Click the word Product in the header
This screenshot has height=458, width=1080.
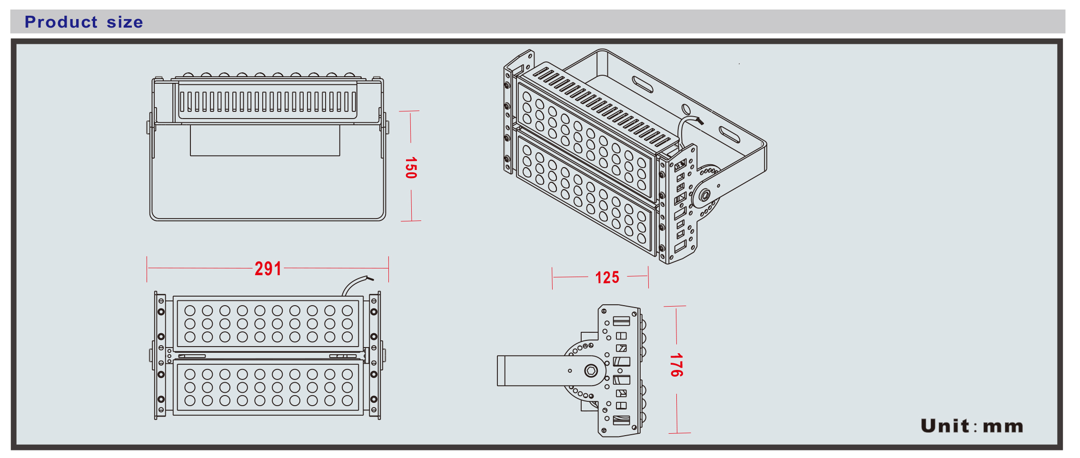(x=61, y=22)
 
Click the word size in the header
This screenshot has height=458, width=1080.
(x=125, y=22)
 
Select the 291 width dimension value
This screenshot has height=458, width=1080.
(x=268, y=269)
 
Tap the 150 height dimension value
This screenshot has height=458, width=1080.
(x=410, y=168)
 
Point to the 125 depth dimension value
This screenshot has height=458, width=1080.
(x=607, y=278)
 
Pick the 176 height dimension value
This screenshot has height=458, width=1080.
(x=676, y=365)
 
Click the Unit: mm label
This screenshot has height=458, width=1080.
(x=971, y=426)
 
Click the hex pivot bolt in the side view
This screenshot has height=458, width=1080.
(x=591, y=370)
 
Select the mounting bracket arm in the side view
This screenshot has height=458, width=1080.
(x=533, y=370)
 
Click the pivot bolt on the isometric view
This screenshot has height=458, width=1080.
(x=705, y=195)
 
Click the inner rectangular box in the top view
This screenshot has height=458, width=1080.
(x=265, y=140)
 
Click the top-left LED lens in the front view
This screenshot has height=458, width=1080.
(x=190, y=311)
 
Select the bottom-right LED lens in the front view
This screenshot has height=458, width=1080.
(x=347, y=400)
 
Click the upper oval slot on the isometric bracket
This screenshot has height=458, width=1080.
(x=643, y=84)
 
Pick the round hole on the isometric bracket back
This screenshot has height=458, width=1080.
(x=686, y=109)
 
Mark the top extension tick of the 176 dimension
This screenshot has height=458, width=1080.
(x=675, y=306)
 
